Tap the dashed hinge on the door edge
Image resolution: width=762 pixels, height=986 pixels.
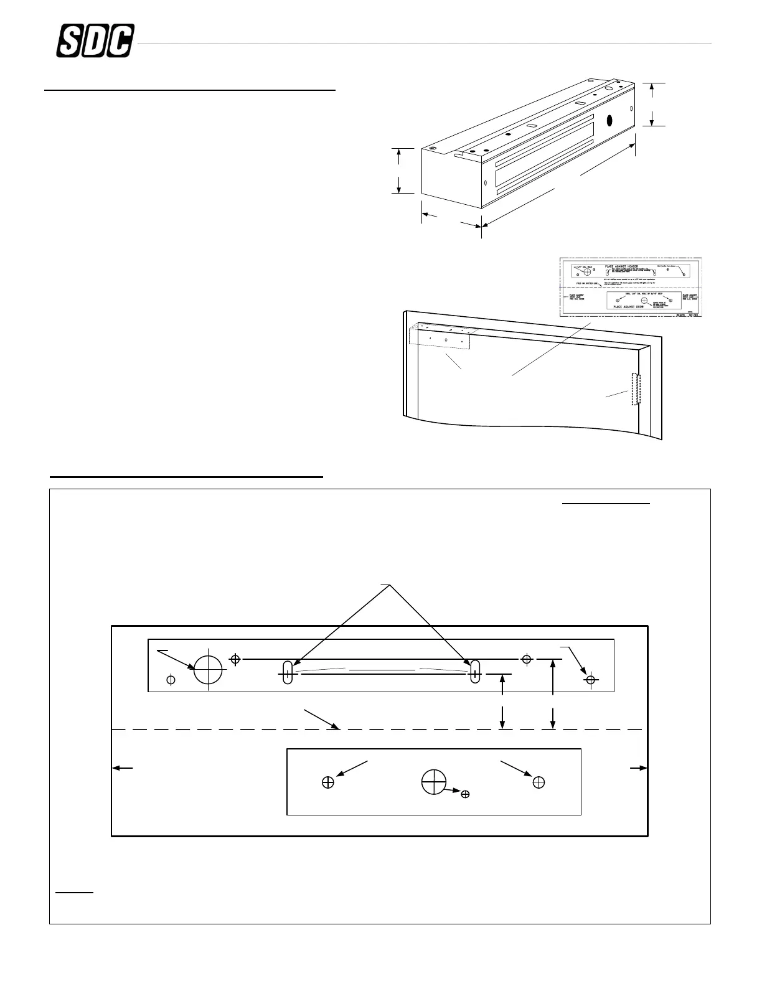click(x=636, y=389)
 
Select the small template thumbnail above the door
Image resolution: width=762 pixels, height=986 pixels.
click(x=631, y=288)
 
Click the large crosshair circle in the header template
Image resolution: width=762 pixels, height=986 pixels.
click(x=209, y=669)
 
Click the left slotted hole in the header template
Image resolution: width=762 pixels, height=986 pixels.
click(x=287, y=672)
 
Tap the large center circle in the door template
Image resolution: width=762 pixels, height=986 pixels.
click(x=434, y=782)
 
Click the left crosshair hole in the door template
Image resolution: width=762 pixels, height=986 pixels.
click(x=328, y=782)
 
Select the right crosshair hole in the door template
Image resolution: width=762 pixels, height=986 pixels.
click(x=539, y=782)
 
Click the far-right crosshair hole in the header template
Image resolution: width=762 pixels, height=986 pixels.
click(x=591, y=679)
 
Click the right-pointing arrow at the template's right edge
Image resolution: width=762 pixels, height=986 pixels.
click(x=639, y=768)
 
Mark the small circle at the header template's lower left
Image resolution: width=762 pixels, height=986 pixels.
click(x=171, y=679)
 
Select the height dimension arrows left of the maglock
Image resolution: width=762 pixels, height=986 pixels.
click(x=398, y=171)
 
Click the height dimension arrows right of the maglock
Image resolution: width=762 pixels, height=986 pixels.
click(x=652, y=105)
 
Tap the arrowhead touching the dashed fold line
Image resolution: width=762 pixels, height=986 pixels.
click(x=337, y=726)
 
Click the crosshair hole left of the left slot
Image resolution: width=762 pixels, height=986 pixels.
click(x=235, y=659)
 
